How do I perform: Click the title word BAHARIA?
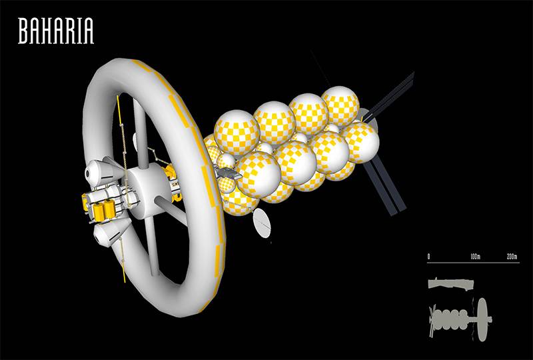coord(56,31)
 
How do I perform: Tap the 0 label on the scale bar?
coord(429,257)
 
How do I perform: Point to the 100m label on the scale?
coord(475,257)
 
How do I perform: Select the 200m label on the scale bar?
coord(512,257)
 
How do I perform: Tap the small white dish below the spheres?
coord(262,223)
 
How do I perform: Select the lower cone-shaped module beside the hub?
coord(111,232)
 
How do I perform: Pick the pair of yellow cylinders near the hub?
coord(104,211)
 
